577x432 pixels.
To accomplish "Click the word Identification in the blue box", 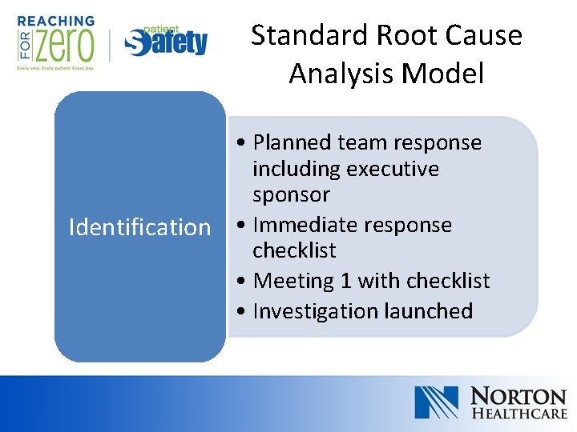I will [x=139, y=227].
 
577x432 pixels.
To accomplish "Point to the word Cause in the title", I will [x=484, y=36].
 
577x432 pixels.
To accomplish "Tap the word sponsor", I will [x=291, y=194].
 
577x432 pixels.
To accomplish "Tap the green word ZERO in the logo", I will [x=63, y=44].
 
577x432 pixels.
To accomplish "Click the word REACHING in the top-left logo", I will [x=55, y=21].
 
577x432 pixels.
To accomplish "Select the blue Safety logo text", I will [x=167, y=42].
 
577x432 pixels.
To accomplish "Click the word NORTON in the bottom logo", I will [x=518, y=396].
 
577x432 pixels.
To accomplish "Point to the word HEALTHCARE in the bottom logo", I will [x=518, y=414].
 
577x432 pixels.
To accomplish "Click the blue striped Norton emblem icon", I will [x=436, y=402].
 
